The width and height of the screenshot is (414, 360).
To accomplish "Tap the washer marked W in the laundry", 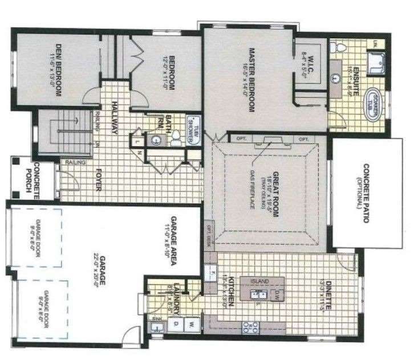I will pos(192,325).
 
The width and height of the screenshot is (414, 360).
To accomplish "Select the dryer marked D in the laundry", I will pos(176,325).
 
